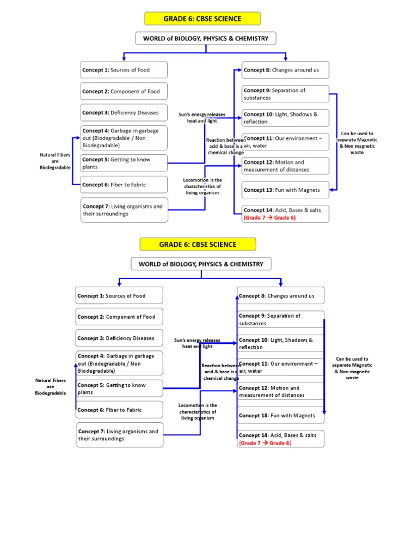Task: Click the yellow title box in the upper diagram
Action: (x=202, y=19)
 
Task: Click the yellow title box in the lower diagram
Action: (x=198, y=244)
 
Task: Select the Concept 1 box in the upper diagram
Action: (x=124, y=70)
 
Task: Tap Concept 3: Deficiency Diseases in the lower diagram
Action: (x=119, y=338)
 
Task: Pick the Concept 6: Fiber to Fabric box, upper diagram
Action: (x=124, y=185)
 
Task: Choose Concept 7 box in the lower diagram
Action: (x=119, y=435)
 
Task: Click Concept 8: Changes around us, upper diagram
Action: (x=285, y=70)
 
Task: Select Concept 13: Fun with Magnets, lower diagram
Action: (x=280, y=415)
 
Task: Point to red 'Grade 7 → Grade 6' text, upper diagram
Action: (x=270, y=217)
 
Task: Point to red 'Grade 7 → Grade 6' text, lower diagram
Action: (x=265, y=443)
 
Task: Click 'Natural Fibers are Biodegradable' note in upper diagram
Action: (x=55, y=161)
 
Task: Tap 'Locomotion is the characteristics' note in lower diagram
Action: (x=198, y=411)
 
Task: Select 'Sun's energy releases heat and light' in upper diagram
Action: (x=202, y=117)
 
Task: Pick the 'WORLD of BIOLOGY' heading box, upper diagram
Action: (x=206, y=38)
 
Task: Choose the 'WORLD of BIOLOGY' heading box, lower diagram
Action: (x=201, y=264)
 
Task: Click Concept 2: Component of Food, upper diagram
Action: (x=124, y=92)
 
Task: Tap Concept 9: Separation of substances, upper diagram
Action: (x=285, y=94)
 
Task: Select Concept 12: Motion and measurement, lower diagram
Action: (x=280, y=391)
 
